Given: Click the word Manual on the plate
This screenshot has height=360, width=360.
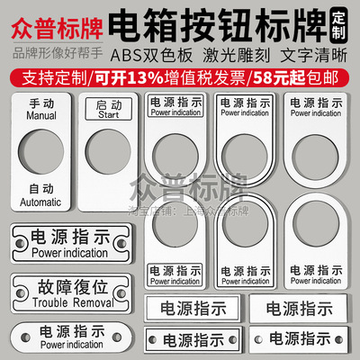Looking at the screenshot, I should coord(39,116).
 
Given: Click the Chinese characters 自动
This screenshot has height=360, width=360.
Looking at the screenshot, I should coord(39,190).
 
